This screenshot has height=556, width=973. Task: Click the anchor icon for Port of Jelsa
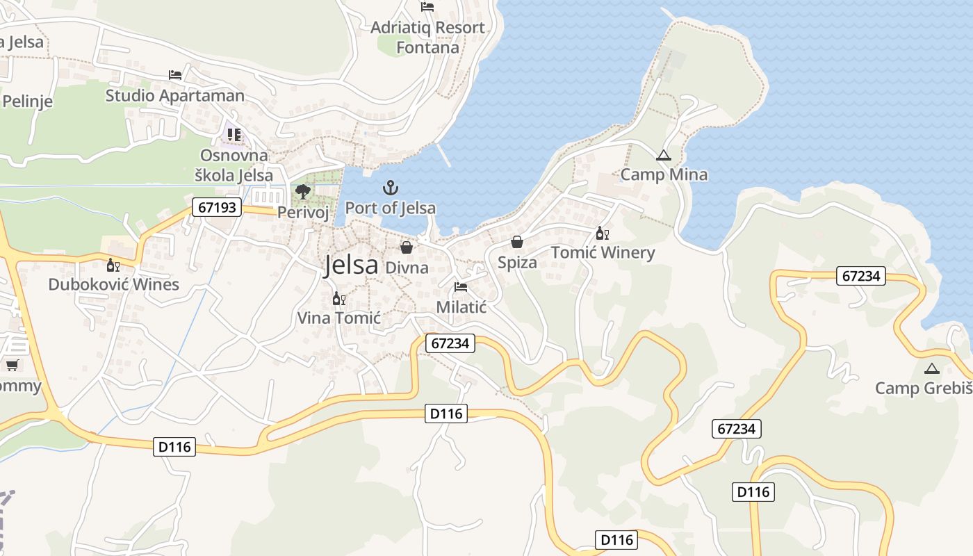pyautogui.click(x=391, y=188)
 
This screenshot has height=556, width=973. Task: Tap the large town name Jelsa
pyautogui.click(x=351, y=265)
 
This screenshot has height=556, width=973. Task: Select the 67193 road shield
pyautogui.click(x=217, y=207)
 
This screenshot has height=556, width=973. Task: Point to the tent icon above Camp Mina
pyautogui.click(x=664, y=156)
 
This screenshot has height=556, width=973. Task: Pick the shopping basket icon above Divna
pyautogui.click(x=407, y=247)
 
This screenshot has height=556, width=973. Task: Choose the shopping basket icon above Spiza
pyautogui.click(x=517, y=242)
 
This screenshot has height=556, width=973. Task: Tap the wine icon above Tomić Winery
pyautogui.click(x=602, y=234)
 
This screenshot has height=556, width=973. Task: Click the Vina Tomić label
pyautogui.click(x=339, y=318)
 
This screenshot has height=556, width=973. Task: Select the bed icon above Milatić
pyautogui.click(x=461, y=287)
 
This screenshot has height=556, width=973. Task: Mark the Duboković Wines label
pyautogui.click(x=114, y=284)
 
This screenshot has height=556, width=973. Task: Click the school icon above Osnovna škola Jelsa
pyautogui.click(x=234, y=135)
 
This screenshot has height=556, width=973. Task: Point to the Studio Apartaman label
pyautogui.click(x=175, y=96)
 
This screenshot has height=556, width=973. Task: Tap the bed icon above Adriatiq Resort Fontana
pyautogui.click(x=427, y=8)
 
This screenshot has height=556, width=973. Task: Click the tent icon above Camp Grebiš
pyautogui.click(x=932, y=368)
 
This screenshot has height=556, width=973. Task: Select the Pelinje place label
pyautogui.click(x=27, y=101)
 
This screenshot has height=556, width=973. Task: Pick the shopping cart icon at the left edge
pyautogui.click(x=12, y=365)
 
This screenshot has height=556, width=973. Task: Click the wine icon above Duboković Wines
pyautogui.click(x=113, y=265)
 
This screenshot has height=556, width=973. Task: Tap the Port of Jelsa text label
pyautogui.click(x=391, y=208)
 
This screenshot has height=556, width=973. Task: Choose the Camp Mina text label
pyautogui.click(x=664, y=175)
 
